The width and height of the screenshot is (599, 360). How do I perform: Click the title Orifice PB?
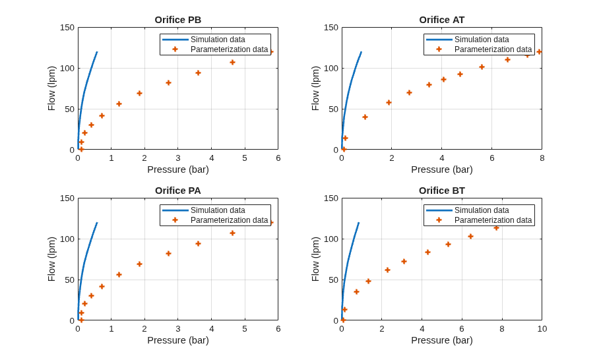tap(177, 20)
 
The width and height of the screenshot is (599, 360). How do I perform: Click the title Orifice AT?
tap(441, 20)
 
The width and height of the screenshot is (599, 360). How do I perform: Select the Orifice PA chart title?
tap(177, 191)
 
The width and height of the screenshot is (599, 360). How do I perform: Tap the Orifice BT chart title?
tap(441, 191)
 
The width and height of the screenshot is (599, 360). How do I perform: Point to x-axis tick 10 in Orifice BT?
tap(542, 329)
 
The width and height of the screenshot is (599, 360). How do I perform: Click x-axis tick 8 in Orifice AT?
tap(542, 158)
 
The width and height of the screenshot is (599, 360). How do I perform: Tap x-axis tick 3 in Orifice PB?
tap(178, 158)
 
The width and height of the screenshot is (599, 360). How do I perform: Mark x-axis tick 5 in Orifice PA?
tap(245, 329)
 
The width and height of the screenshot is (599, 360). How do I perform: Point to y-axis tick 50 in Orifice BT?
tap(334, 280)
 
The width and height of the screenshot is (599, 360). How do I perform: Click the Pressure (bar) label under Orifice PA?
tap(178, 340)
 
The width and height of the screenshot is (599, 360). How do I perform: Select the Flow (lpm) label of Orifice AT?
tap(315, 88)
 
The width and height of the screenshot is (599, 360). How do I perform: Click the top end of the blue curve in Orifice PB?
tap(97, 51)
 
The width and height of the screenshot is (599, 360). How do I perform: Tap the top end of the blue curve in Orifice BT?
tap(359, 222)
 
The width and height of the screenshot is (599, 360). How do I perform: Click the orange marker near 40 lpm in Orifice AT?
tap(365, 117)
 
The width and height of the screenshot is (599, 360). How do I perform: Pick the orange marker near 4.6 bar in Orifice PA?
tap(232, 233)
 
